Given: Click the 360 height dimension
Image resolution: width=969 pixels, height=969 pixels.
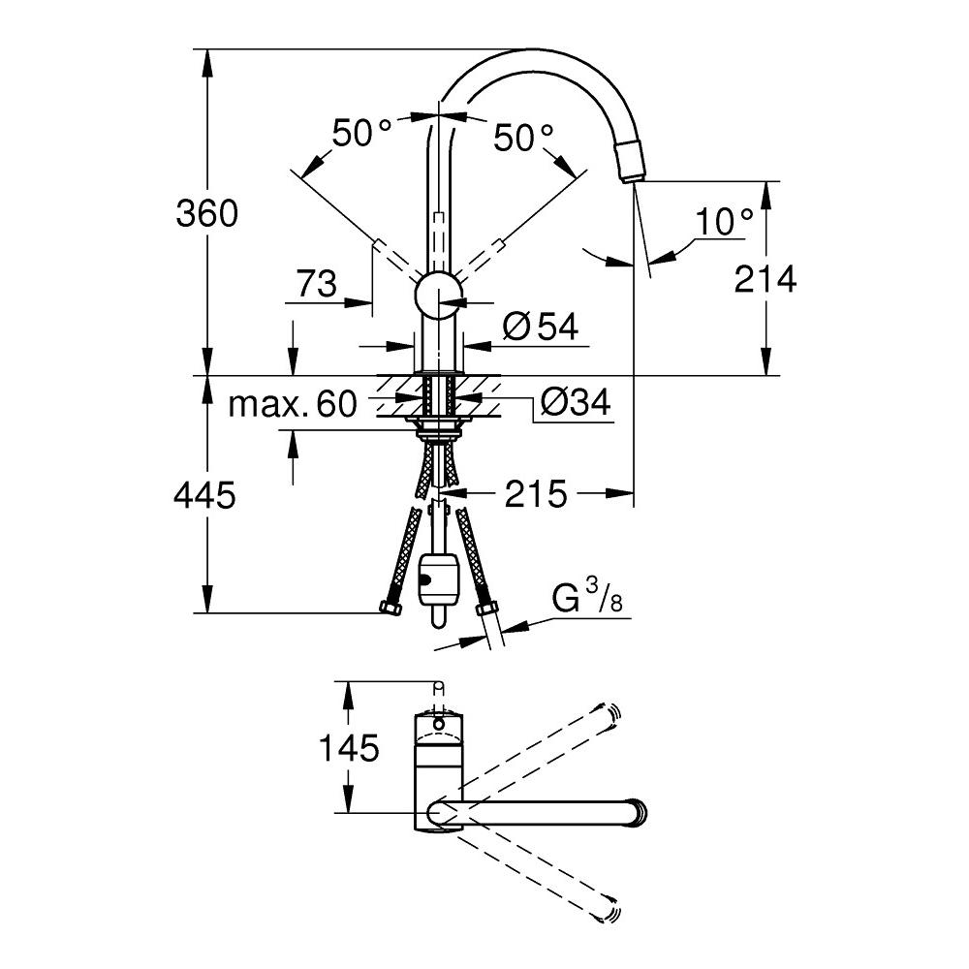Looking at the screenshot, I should coord(206,213).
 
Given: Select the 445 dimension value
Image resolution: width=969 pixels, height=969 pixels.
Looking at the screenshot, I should coord(204,496).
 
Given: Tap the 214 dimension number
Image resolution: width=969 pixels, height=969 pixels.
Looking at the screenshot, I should coord(766,280).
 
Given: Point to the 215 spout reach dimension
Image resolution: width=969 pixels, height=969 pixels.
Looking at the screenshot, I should coord(535,495).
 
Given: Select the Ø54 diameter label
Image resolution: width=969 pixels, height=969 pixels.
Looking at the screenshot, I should coord(541,328).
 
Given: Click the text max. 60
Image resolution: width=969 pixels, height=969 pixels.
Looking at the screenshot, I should coord(293,403).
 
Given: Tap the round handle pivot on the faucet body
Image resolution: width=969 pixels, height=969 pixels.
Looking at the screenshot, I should coord(439,295).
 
